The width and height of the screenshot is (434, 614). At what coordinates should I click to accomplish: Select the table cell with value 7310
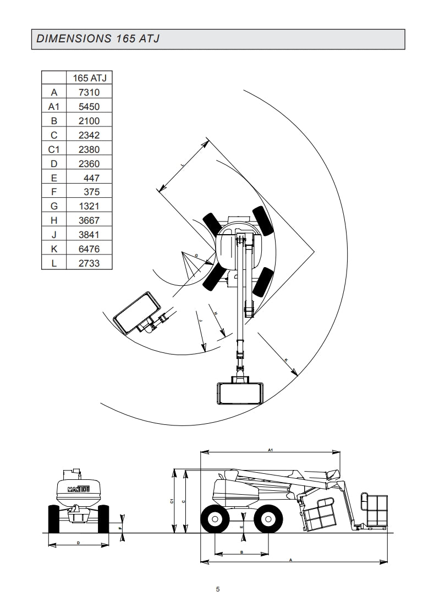point(89,92)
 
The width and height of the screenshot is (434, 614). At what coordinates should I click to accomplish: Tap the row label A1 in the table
point(54,107)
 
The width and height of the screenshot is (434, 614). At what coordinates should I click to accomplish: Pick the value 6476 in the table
point(89,249)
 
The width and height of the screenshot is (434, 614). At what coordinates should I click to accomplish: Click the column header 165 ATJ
point(89,78)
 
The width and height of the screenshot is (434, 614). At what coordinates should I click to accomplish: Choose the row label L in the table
point(54,263)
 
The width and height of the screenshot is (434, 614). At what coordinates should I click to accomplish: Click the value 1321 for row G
point(89,206)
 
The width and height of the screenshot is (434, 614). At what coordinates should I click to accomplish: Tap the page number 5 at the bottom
point(218,589)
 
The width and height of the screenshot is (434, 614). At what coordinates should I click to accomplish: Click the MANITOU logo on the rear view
point(80,488)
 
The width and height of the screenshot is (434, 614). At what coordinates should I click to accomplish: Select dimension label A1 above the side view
point(271,450)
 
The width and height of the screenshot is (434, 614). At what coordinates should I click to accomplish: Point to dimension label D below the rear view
point(78,543)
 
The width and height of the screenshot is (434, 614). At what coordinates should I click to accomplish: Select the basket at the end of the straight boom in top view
point(240,394)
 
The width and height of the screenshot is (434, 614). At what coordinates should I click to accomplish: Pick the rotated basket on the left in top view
point(136,312)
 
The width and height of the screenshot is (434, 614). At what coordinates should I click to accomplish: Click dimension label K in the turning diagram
point(286,359)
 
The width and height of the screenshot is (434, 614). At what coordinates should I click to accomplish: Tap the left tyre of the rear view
point(54,519)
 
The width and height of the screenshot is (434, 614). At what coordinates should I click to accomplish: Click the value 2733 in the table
point(89,263)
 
